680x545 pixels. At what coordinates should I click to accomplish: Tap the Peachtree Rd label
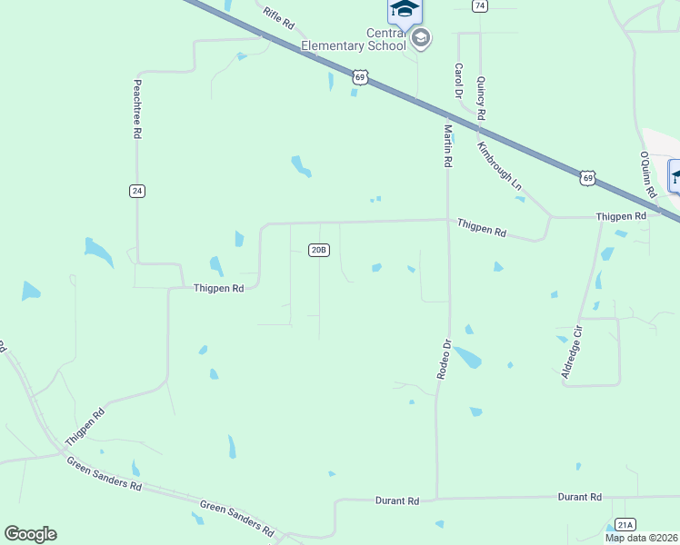click(x=137, y=108)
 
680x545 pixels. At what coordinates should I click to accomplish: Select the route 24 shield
click(x=137, y=191)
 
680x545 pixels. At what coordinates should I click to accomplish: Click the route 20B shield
click(x=318, y=250)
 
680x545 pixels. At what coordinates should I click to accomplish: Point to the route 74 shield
click(x=479, y=5)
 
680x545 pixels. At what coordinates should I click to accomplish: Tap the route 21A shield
click(x=625, y=524)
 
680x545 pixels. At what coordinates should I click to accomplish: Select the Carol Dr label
click(x=459, y=81)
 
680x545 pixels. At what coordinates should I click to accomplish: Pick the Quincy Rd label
click(x=481, y=98)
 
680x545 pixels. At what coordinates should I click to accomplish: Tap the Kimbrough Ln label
click(x=500, y=165)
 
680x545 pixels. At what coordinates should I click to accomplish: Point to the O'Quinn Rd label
click(x=646, y=174)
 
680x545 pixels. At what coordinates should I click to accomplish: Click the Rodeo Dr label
click(x=445, y=359)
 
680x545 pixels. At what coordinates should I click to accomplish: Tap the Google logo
click(x=30, y=534)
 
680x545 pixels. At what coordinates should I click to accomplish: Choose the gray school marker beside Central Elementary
click(x=420, y=38)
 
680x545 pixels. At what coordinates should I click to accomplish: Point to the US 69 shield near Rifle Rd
click(x=361, y=78)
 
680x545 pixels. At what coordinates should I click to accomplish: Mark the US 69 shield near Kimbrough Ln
click(x=588, y=179)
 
